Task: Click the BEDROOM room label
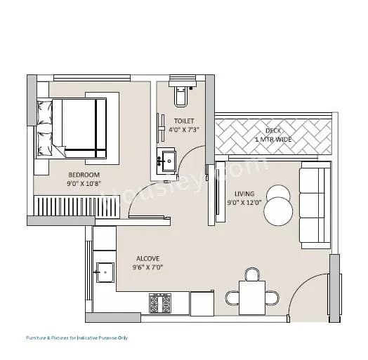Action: [x=84, y=174]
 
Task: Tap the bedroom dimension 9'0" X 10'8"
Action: [x=84, y=185]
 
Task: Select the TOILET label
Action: [x=183, y=121]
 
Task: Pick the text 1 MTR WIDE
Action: [x=273, y=140]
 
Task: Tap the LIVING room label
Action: [x=245, y=194]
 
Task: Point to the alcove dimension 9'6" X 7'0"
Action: [x=147, y=267]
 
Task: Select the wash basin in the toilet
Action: [x=167, y=161]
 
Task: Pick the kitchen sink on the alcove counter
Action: [x=105, y=271]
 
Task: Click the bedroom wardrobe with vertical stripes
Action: [x=64, y=206]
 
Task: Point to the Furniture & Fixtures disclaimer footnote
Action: [x=77, y=338]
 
